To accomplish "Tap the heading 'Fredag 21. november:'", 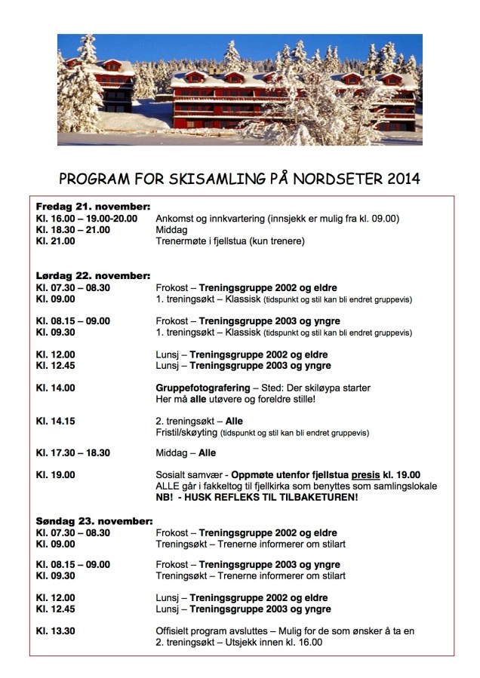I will pyautogui.click(x=93, y=207).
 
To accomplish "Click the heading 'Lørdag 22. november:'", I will pyautogui.click(x=93, y=275).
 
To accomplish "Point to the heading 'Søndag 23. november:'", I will pyautogui.click(x=94, y=521).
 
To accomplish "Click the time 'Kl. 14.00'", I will pyautogui.click(x=56, y=388).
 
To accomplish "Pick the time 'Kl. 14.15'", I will pyautogui.click(x=56, y=422).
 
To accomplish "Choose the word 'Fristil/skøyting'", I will pyautogui.click(x=186, y=433).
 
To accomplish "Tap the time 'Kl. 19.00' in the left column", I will pyautogui.click(x=56, y=474).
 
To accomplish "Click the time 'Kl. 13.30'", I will pyautogui.click(x=56, y=630).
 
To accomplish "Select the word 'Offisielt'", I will pyautogui.click(x=174, y=630).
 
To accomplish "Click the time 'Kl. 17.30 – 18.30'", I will pyautogui.click(x=73, y=453).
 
